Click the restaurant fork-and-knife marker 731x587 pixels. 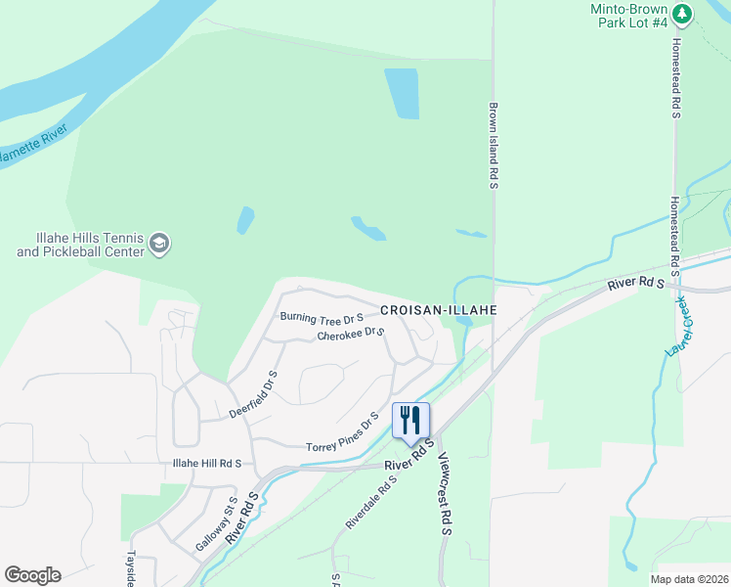tap(410, 420)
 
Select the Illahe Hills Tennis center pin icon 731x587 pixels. tap(159, 243)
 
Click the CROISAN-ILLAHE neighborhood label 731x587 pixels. tap(439, 309)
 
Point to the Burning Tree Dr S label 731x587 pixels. tap(322, 317)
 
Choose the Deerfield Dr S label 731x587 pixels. tap(254, 394)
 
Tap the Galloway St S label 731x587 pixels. tap(232, 519)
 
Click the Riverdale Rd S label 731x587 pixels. tap(371, 503)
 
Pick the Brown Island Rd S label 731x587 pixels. tap(494, 146)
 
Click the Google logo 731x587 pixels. tap(32, 575)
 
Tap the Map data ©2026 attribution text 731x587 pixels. tap(677, 579)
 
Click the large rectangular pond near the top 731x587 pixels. tap(402, 94)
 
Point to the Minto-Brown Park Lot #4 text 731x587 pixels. tap(630, 15)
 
